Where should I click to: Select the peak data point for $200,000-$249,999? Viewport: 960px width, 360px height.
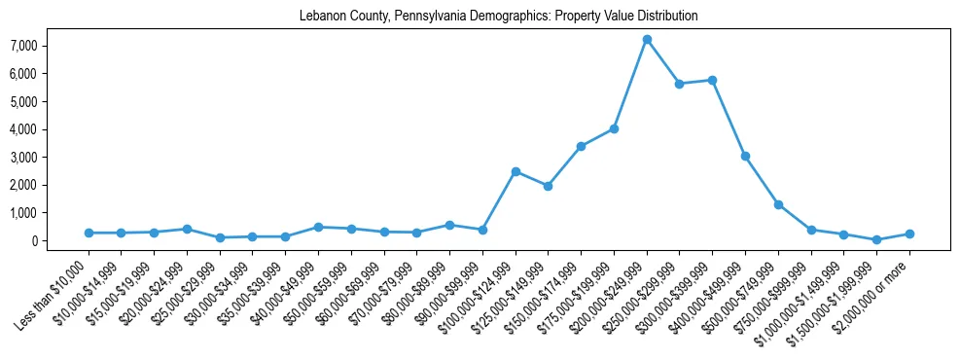[647, 39]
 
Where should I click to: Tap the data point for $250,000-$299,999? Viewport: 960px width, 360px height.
[680, 84]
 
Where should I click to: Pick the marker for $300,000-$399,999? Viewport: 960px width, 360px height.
[713, 80]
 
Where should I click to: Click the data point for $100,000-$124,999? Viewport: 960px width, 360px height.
[516, 171]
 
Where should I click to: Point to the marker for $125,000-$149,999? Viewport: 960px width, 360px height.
[549, 186]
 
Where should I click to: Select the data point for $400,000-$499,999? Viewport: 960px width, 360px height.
[745, 156]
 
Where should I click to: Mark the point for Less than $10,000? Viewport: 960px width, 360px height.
[89, 233]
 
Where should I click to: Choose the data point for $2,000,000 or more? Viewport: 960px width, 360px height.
[909, 234]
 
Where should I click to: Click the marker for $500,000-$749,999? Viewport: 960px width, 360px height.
[778, 204]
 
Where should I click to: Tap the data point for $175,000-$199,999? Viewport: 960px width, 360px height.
[614, 128]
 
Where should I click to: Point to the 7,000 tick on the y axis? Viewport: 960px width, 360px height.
[23, 46]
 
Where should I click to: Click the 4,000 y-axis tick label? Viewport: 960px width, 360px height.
[23, 129]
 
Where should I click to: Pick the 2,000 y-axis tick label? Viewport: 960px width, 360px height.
[23, 185]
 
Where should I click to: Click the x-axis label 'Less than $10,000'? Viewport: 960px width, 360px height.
[53, 292]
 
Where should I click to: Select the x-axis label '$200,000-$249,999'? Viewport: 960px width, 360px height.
[610, 293]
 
